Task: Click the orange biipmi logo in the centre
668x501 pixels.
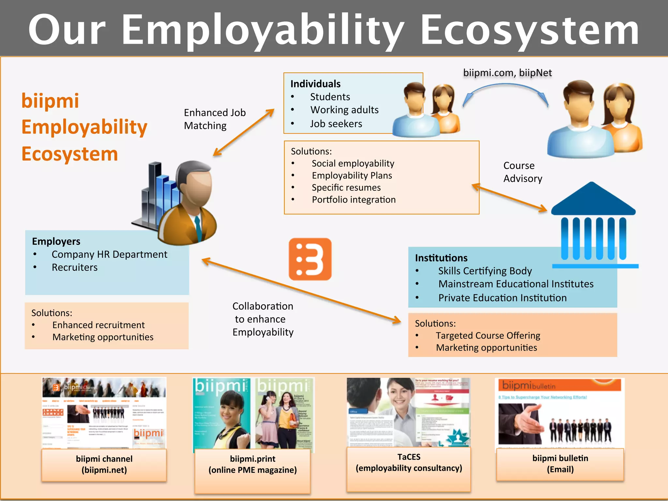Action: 310,259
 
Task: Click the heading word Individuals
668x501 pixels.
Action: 315,84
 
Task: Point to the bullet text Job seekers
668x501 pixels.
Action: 336,124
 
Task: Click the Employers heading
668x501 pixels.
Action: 56,241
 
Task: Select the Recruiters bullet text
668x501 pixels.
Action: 75,267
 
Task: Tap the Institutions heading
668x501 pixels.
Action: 441,258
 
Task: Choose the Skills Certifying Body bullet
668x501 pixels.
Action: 485,271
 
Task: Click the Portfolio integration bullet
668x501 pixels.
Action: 354,200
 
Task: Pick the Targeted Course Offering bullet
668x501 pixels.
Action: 488,336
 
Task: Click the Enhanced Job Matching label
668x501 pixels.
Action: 214,119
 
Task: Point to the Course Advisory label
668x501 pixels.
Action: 523,172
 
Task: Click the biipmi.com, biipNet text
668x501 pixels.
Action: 508,73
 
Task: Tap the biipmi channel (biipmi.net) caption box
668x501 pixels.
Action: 104,464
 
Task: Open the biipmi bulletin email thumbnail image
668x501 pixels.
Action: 560,413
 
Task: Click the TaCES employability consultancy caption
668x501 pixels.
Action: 409,463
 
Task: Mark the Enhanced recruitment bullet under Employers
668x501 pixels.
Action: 99,325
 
